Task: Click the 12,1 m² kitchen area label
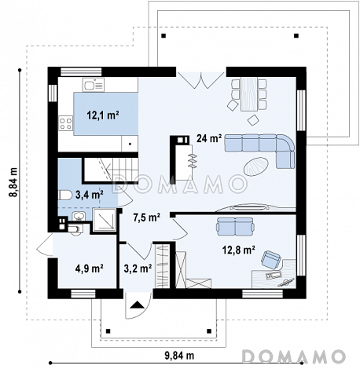pos(103,115)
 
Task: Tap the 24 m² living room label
pos(209,138)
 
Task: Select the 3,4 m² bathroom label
pos(90,195)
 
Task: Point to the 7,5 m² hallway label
pos(147,217)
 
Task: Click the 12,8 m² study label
pos(239,250)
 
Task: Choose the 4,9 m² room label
pos(90,269)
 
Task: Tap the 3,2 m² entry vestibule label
pos(138,269)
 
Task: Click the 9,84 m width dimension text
pos(179,356)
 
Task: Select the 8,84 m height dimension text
pos(13,182)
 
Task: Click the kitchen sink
pos(94,85)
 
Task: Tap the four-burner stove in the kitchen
pos(66,123)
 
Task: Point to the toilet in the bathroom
pos(65,195)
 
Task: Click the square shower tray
pos(105,220)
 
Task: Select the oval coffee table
pos(256,166)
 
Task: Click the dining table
pos(249,93)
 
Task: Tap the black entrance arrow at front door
pos(137,305)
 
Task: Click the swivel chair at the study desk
pos(271,259)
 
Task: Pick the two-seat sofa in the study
pos(235,226)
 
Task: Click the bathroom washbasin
pos(79,216)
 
